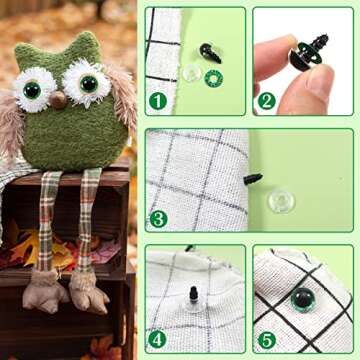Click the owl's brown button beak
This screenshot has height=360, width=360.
pyautogui.click(x=59, y=99)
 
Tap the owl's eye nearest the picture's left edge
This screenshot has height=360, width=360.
pyautogui.click(x=32, y=90)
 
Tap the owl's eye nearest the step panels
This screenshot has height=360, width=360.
pyautogui.click(x=89, y=83)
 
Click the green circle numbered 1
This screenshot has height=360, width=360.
pyautogui.click(x=158, y=100)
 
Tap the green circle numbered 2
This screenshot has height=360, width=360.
pyautogui.click(x=266, y=100)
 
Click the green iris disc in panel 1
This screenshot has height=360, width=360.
pyautogui.click(x=213, y=77)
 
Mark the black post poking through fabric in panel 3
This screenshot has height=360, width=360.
pyautogui.click(x=252, y=180)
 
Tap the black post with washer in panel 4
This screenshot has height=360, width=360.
pyautogui.click(x=193, y=299)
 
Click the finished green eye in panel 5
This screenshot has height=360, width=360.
pyautogui.click(x=301, y=299)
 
